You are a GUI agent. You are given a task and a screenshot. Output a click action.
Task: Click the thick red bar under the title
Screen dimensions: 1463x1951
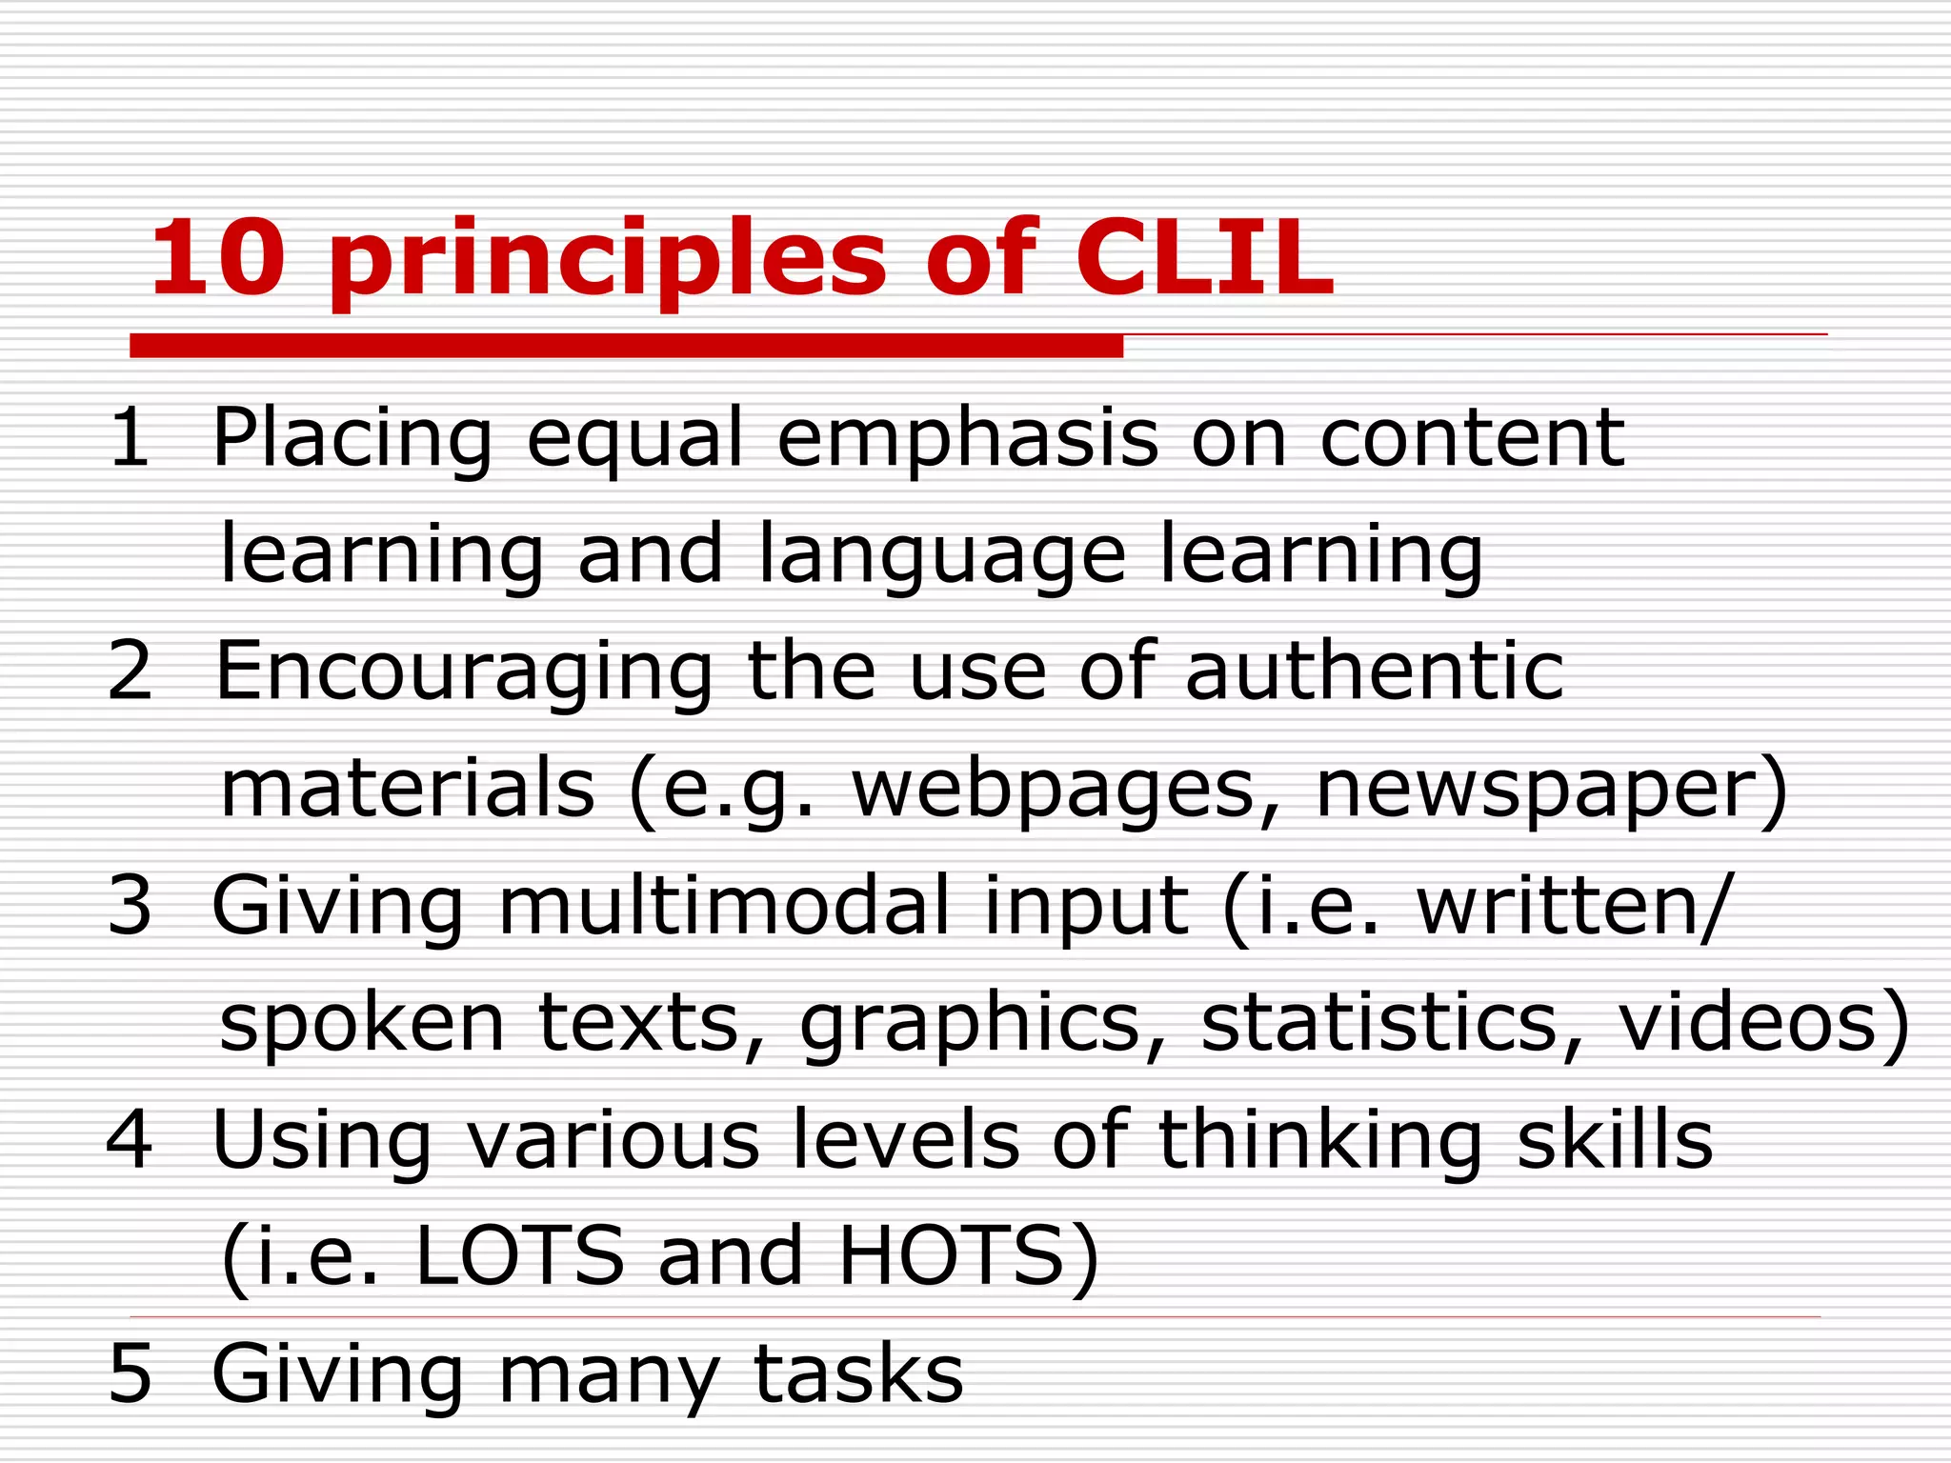point(626,346)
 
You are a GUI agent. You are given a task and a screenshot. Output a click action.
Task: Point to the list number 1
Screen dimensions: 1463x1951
point(131,437)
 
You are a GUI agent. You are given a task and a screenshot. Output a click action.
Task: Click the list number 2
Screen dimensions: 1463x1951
point(131,671)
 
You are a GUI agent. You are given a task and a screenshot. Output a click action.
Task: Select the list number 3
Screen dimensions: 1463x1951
point(131,905)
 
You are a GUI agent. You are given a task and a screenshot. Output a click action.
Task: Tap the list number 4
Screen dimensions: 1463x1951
point(131,1139)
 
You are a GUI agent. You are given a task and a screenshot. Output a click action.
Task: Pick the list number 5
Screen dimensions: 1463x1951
point(131,1373)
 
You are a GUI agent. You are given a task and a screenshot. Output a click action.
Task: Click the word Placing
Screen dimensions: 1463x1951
point(352,440)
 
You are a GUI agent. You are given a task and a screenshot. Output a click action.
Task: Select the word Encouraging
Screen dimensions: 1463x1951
point(465,674)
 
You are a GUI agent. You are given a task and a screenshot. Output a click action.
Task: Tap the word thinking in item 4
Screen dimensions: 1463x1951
point(1320,1141)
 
